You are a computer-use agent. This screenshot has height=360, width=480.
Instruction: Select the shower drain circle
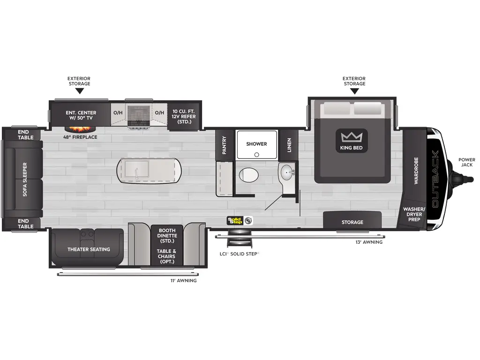[256, 154]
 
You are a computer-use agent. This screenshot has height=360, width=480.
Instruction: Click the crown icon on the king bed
[352, 137]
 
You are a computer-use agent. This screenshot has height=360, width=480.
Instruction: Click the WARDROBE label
[416, 170]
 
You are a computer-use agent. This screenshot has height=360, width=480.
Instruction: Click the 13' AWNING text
[369, 242]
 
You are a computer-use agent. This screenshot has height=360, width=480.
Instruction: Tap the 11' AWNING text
[183, 281]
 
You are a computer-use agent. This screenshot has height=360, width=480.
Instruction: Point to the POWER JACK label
[466, 163]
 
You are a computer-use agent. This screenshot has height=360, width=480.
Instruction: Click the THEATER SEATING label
[89, 249]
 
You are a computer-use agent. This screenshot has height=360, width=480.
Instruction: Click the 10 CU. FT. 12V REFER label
[183, 116]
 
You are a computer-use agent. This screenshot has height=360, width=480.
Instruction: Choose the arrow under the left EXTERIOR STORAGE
[79, 91]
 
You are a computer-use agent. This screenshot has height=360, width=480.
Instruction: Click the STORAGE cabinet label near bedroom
[352, 222]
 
